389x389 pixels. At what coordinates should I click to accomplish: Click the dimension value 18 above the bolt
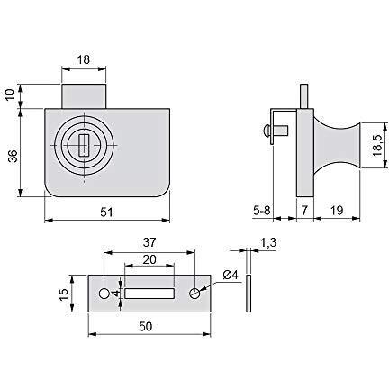tap(84, 59)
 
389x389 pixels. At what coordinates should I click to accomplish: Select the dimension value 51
tap(106, 213)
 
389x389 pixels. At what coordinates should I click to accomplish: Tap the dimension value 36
tap(13, 156)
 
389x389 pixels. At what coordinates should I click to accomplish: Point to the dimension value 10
tap(11, 95)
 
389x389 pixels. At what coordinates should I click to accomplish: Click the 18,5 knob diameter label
tap(376, 145)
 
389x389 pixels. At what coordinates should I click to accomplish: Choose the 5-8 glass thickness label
tap(262, 211)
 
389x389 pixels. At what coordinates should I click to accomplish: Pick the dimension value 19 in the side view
tap(337, 211)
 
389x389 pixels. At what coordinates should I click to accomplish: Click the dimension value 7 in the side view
tap(304, 211)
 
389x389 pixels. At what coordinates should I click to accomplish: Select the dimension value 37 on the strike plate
tap(149, 242)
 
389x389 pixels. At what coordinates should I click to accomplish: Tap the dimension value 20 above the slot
tap(149, 259)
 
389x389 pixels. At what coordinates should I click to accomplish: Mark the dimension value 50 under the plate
tap(146, 327)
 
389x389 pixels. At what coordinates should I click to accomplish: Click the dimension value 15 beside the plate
tap(64, 294)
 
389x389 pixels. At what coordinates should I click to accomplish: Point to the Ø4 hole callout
tap(231, 275)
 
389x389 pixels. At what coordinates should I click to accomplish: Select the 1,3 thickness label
tap(268, 242)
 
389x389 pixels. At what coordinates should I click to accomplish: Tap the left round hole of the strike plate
tap(104, 294)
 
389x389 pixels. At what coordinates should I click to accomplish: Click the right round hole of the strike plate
tap(194, 294)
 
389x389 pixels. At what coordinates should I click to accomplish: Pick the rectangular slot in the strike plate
tap(149, 294)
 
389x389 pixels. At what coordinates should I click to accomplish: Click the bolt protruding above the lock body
tap(84, 96)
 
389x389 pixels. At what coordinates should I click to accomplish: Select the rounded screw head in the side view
tap(266, 131)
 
